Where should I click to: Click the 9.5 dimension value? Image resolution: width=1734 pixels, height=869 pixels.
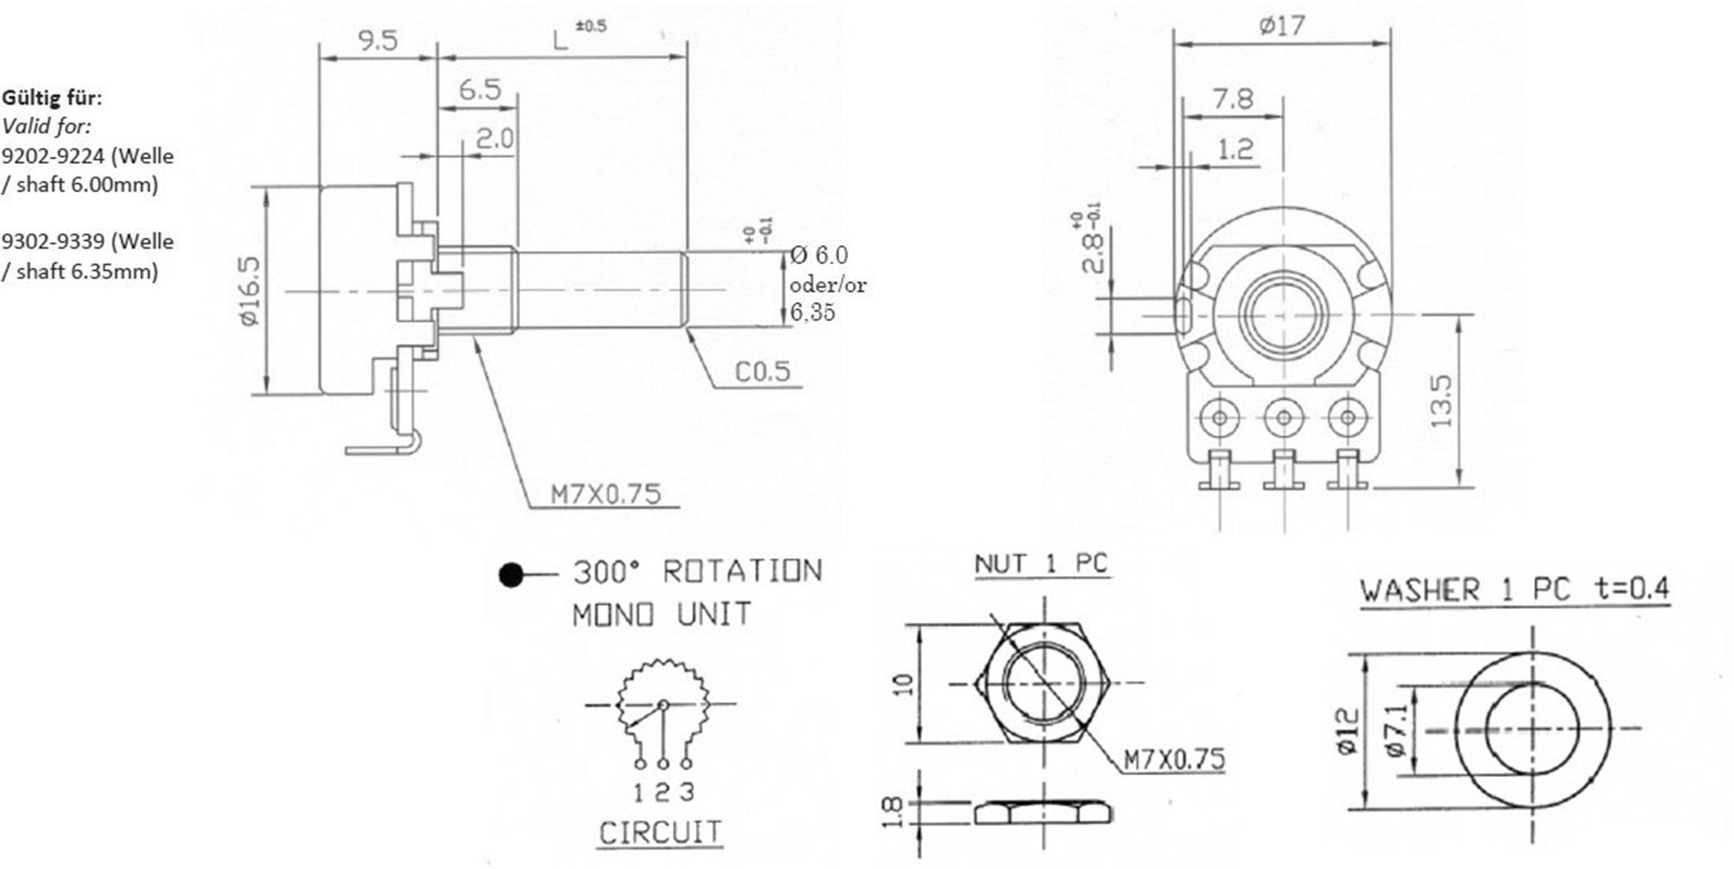pos(378,40)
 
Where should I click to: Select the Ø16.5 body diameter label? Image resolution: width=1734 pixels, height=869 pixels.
pos(250,291)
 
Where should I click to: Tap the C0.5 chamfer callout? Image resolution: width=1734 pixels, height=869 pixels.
pos(763,371)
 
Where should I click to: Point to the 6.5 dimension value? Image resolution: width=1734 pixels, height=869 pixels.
pos(480,89)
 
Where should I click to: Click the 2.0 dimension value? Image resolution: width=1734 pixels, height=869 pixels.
pos(495,139)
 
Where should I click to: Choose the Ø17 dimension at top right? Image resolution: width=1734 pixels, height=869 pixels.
pos(1282,27)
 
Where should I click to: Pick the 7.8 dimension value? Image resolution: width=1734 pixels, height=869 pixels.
pos(1233,99)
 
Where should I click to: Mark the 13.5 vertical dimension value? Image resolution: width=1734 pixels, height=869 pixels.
pos(1442,401)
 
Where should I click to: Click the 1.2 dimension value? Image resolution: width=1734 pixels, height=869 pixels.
pos(1235,149)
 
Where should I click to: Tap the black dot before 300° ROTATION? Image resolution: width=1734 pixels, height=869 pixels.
pos(511,575)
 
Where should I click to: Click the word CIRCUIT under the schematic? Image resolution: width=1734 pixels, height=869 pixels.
pos(661,833)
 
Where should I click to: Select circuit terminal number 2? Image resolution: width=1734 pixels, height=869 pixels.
pos(662,793)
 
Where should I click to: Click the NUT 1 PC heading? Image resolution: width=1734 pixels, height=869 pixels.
pos(1041,564)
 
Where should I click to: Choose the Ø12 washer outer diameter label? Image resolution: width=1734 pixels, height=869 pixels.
pos(1349,730)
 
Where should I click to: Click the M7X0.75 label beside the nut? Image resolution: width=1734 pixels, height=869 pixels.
pos(1174,759)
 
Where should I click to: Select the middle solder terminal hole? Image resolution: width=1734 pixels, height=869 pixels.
pos(1283,418)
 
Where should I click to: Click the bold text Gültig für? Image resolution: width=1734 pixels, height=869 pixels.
pos(52,98)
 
